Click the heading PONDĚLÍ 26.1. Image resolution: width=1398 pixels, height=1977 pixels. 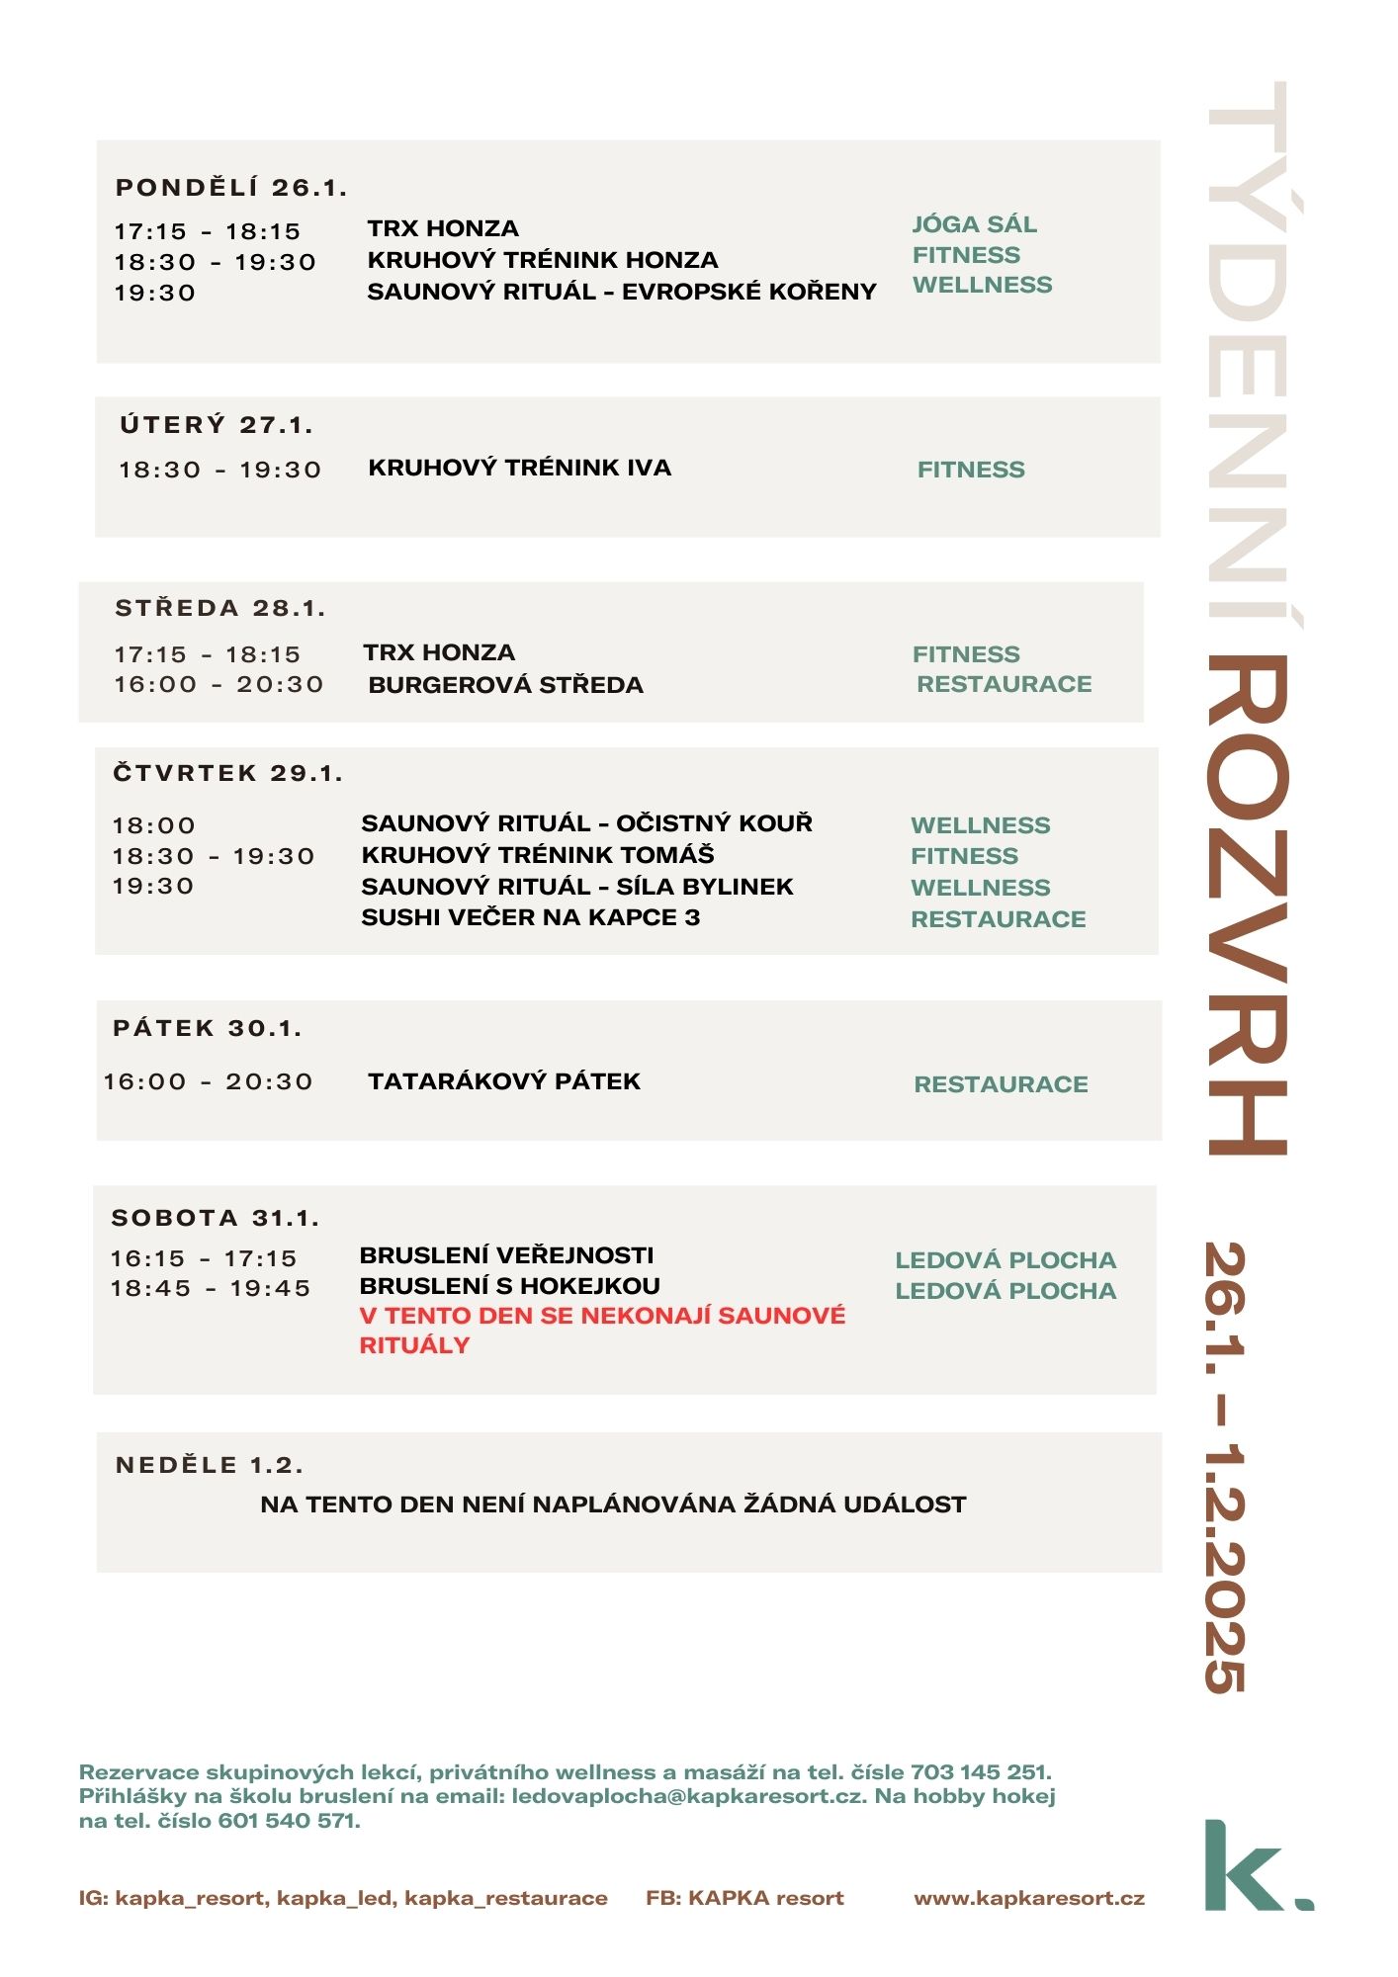tap(231, 188)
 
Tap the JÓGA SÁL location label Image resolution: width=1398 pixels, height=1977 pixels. tap(974, 224)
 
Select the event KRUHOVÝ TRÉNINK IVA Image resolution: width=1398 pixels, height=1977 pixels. tap(519, 468)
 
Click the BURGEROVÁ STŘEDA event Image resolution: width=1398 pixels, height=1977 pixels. tap(505, 685)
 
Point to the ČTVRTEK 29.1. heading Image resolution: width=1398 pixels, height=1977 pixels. tap(227, 773)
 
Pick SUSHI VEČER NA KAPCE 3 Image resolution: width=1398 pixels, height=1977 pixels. tap(530, 917)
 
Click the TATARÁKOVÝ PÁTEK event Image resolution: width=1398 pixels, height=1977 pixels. tap(504, 1081)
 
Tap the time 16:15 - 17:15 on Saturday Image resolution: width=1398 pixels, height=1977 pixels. tap(204, 1258)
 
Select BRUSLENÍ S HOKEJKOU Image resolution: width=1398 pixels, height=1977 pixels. tap(509, 1286)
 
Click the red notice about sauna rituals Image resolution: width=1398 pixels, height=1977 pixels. tap(601, 1330)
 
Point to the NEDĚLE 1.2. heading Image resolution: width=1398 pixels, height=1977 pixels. tap(210, 1465)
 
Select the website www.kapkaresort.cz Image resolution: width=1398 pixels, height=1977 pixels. tap(1029, 1898)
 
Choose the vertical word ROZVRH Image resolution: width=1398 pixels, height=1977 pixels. tap(1248, 904)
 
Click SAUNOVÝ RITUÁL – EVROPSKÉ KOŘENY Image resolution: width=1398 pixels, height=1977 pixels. tap(621, 292)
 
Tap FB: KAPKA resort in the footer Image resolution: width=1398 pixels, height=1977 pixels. tap(744, 1898)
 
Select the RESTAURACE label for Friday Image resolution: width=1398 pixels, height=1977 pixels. tap(1001, 1084)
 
